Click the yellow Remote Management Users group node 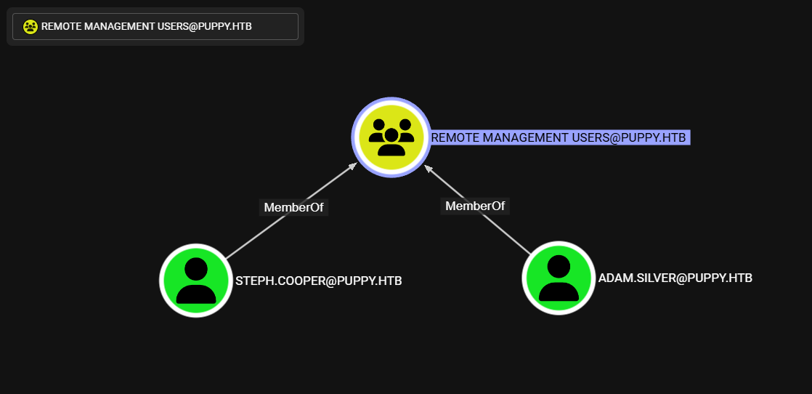pyautogui.click(x=391, y=137)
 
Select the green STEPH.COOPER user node pyautogui.click(x=196, y=281)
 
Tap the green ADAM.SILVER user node pyautogui.click(x=559, y=278)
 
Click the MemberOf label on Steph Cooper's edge pyautogui.click(x=294, y=207)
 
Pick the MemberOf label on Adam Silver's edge pyautogui.click(x=475, y=206)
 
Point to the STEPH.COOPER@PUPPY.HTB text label pyautogui.click(x=318, y=281)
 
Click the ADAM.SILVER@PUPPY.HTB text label pyautogui.click(x=675, y=278)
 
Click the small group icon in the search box pyautogui.click(x=30, y=26)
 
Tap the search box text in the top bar pyautogui.click(x=146, y=26)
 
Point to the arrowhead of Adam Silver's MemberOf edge pyautogui.click(x=428, y=167)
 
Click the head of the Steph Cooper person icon pyautogui.click(x=196, y=268)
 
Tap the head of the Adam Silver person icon pyautogui.click(x=559, y=266)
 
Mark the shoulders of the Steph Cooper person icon pyautogui.click(x=196, y=293)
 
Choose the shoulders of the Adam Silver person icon pyautogui.click(x=559, y=291)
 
